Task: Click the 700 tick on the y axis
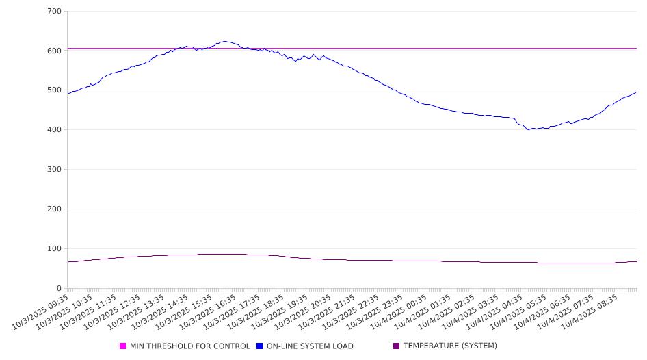pyautogui.click(x=54, y=12)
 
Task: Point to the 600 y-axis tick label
pyautogui.click(x=54, y=51)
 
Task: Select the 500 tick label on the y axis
pyautogui.click(x=54, y=90)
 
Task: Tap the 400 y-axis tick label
pyautogui.click(x=54, y=130)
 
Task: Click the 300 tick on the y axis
pyautogui.click(x=54, y=170)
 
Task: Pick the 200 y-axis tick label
pyautogui.click(x=54, y=209)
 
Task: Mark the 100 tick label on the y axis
pyautogui.click(x=54, y=249)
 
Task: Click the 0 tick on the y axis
pyautogui.click(x=59, y=289)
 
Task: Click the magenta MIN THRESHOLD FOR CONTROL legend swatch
pyautogui.click(x=123, y=346)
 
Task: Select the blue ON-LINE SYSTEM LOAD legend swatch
pyautogui.click(x=260, y=346)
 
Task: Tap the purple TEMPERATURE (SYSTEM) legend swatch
pyautogui.click(x=397, y=346)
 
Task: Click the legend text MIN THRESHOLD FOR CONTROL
pyautogui.click(x=189, y=346)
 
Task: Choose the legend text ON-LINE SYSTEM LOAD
pyautogui.click(x=310, y=346)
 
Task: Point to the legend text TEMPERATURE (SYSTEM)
pyautogui.click(x=450, y=346)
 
